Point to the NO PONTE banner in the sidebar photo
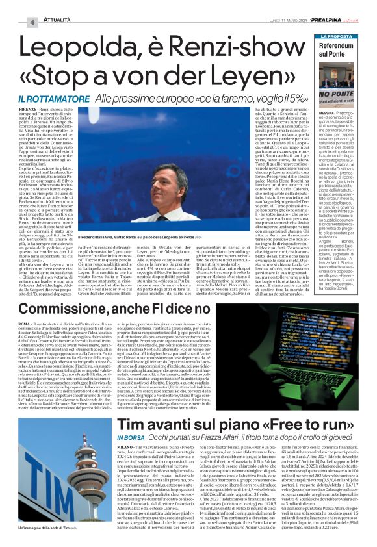point(336,95)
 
